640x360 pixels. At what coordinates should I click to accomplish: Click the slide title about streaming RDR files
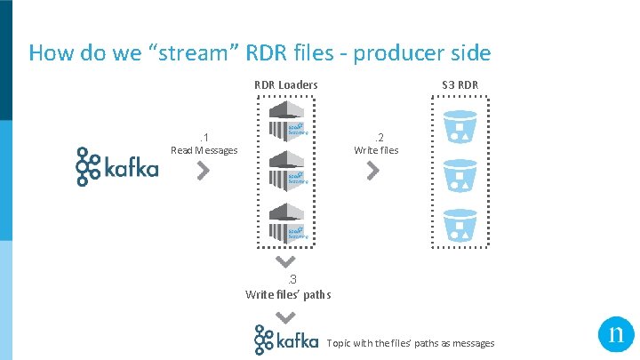259,53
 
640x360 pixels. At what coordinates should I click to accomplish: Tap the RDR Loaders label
285,85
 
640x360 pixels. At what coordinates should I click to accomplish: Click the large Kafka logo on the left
116,166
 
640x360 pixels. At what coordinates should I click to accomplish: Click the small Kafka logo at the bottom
285,340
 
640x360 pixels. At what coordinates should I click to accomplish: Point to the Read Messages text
204,150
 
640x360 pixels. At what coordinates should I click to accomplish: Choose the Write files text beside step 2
376,150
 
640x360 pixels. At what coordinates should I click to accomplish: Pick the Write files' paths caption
287,294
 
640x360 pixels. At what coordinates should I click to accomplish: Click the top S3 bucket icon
460,127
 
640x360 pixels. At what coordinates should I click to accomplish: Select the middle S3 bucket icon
460,177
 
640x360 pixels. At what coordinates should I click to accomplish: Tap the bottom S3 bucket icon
460,226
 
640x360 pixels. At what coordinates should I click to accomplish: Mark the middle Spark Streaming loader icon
286,168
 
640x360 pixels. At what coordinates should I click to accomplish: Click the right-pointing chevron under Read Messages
203,171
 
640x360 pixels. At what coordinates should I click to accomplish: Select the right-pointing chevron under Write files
373,171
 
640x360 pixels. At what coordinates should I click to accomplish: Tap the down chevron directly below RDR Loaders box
285,262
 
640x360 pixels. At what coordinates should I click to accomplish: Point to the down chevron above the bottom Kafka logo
285,316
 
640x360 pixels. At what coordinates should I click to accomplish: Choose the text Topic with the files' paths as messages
411,343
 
